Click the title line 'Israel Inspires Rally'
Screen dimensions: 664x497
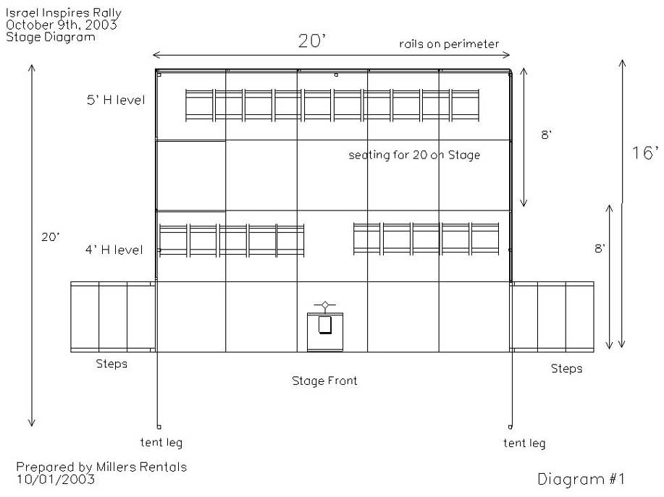64,13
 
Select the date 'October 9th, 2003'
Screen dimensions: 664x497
62,25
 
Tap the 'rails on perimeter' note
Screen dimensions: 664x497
449,44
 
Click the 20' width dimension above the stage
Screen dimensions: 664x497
312,41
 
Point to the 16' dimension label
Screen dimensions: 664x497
645,153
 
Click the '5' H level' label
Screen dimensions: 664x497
116,101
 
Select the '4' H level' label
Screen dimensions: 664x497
114,250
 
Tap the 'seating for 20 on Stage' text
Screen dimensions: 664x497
414,155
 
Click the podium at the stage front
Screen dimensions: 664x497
325,332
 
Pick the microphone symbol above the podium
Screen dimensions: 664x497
325,305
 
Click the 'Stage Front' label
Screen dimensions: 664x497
324,381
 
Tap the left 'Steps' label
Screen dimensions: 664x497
112,364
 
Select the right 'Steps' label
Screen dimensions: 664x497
566,368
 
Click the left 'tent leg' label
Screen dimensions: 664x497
161,443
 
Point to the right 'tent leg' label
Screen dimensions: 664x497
524,443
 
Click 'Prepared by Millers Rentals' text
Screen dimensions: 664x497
101,467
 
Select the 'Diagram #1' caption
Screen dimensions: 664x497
581,479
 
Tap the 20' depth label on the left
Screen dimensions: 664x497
51,237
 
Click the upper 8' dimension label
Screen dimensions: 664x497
546,135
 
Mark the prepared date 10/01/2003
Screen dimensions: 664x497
56,479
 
